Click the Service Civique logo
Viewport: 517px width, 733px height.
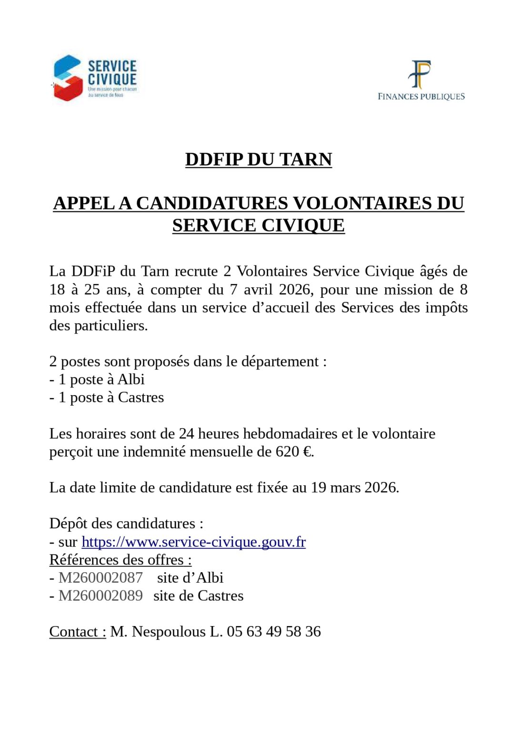pyautogui.click(x=95, y=78)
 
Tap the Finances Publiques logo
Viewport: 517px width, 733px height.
pyautogui.click(x=421, y=81)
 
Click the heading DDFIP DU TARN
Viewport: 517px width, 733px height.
pyautogui.click(x=258, y=159)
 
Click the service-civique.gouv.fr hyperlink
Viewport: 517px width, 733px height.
pyautogui.click(x=193, y=542)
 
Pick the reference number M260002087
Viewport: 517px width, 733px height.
pyautogui.click(x=101, y=578)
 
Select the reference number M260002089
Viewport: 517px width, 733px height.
pyautogui.click(x=101, y=596)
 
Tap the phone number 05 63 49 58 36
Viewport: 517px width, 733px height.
pyautogui.click(x=274, y=632)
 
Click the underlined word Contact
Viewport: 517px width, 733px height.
pyautogui.click(x=77, y=632)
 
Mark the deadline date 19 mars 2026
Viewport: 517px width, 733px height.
pyautogui.click(x=354, y=488)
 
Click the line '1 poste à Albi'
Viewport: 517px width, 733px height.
pyautogui.click(x=101, y=379)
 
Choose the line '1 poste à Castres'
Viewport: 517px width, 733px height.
pyautogui.click(x=111, y=398)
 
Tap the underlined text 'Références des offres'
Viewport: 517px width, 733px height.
pyautogui.click(x=120, y=560)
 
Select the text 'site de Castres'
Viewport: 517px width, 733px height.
pyautogui.click(x=198, y=596)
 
